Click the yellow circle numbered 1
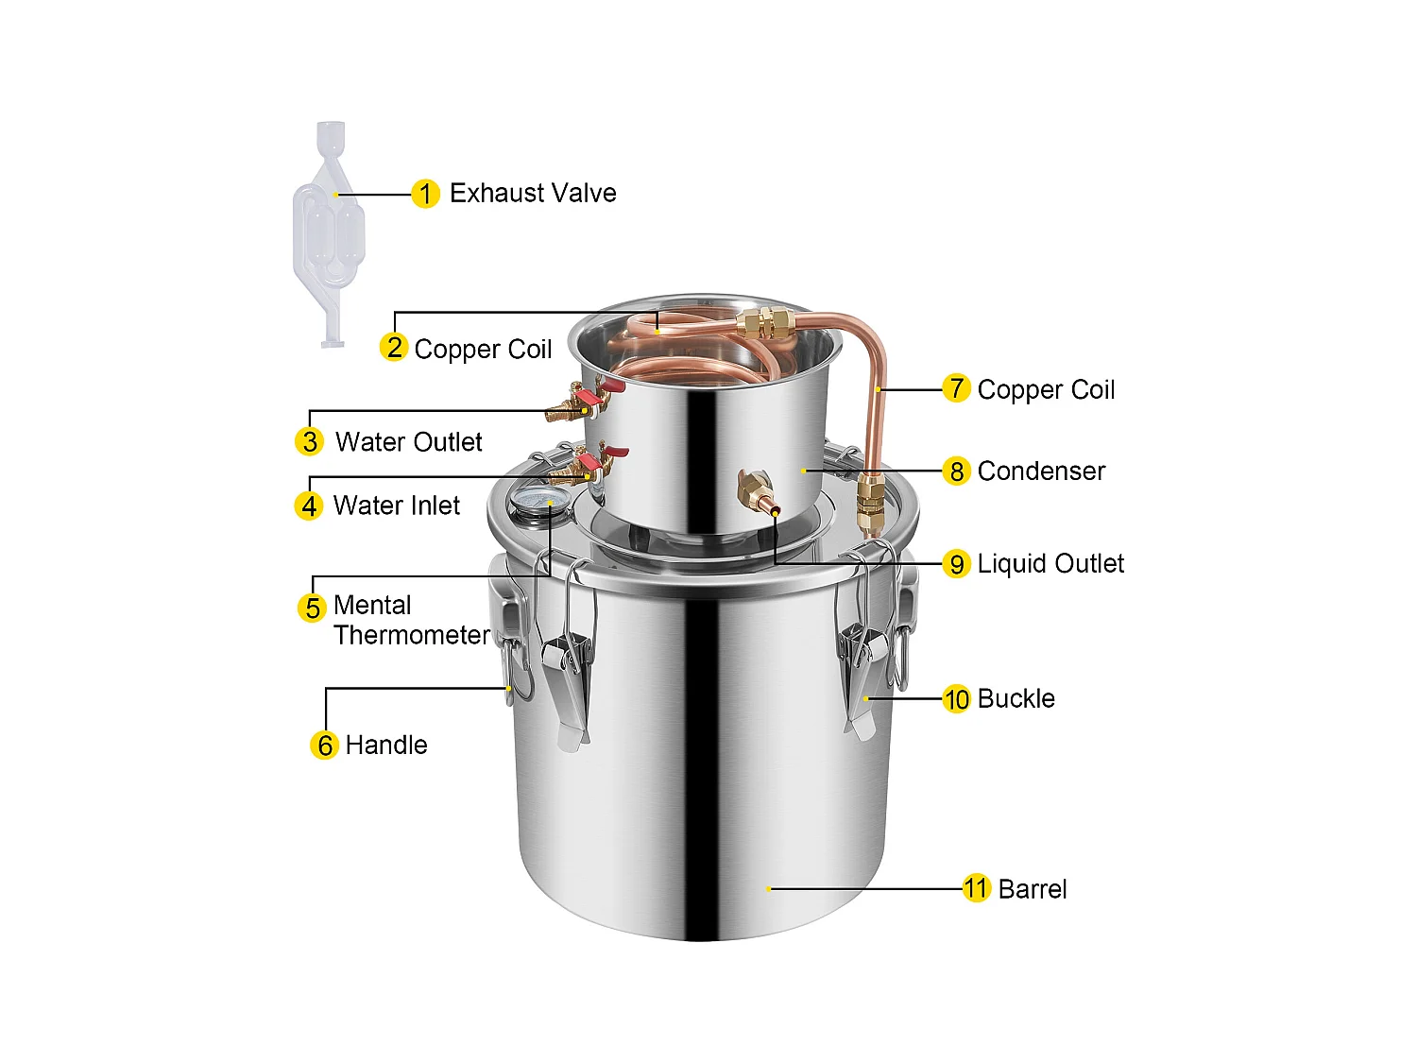[425, 194]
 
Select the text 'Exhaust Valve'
[533, 194]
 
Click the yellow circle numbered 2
[394, 348]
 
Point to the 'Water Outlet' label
[408, 442]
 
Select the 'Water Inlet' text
[396, 506]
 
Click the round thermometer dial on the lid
[533, 500]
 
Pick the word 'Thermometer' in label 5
[412, 635]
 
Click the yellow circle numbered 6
[324, 746]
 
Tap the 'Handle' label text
[386, 746]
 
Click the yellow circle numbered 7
[956, 388]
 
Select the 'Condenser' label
[1041, 471]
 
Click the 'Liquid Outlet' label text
[1050, 564]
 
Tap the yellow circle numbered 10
[956, 699]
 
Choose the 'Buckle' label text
[1016, 699]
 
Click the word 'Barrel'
[1032, 889]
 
